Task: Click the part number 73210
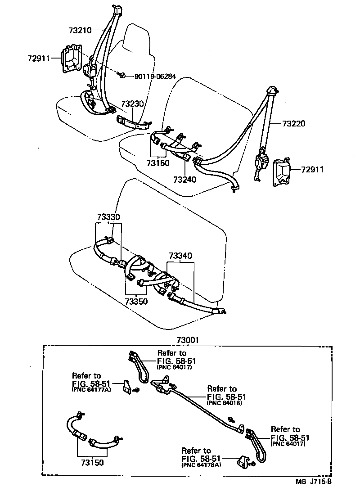[80, 31]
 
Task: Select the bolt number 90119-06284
[153, 76]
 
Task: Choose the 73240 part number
[185, 179]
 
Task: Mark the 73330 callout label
[108, 217]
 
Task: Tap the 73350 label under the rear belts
[137, 301]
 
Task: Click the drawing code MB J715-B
[314, 482]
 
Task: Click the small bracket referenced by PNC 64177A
[129, 386]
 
